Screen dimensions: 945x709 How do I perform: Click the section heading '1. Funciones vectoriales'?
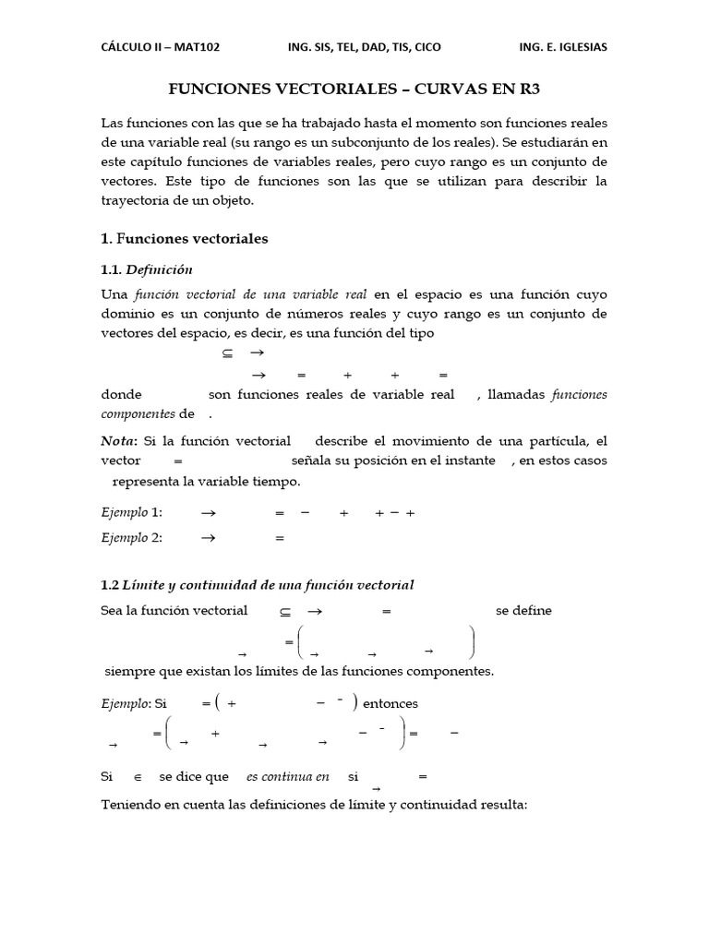(x=184, y=238)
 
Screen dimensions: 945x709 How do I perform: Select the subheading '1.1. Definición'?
(x=147, y=269)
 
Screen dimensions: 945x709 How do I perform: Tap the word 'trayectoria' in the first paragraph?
(x=138, y=199)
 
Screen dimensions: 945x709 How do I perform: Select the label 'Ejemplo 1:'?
(x=131, y=512)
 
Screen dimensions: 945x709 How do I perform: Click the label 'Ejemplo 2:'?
(x=131, y=538)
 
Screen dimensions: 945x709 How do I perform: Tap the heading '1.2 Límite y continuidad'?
(x=258, y=584)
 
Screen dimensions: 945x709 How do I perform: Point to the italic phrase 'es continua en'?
(x=287, y=776)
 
